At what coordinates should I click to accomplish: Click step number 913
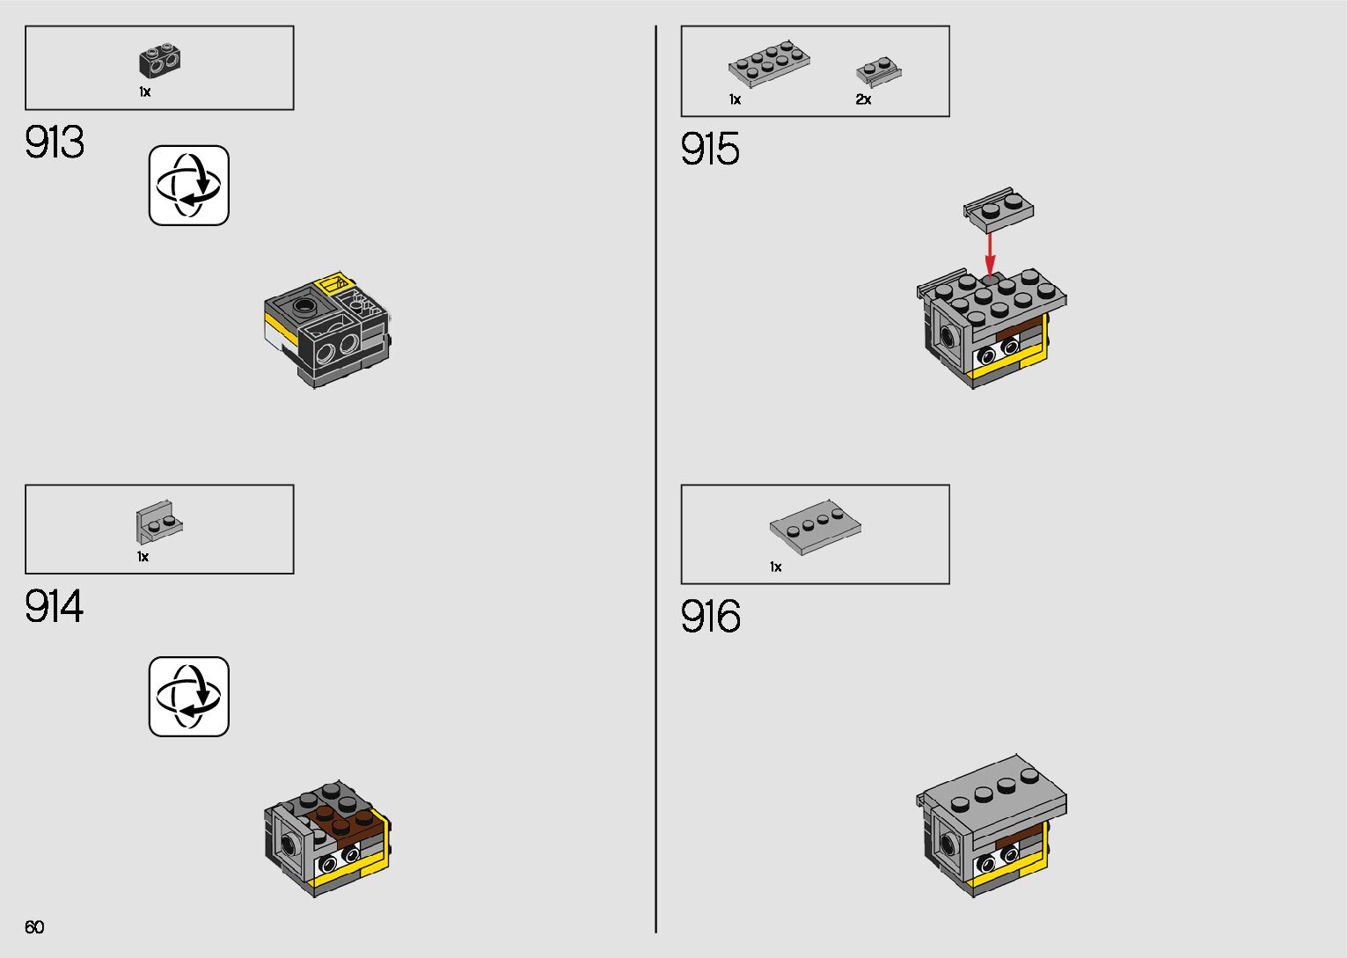pyautogui.click(x=55, y=143)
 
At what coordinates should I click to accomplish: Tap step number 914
pyautogui.click(x=55, y=607)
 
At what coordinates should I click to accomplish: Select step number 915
pyautogui.click(x=710, y=149)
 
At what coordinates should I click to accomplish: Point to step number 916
pyautogui.click(x=710, y=617)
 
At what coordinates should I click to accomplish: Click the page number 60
pyautogui.click(x=34, y=927)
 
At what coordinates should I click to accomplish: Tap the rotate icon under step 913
pyautogui.click(x=189, y=186)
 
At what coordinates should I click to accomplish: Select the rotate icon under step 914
pyautogui.click(x=189, y=697)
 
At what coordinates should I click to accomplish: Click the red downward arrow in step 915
pyautogui.click(x=990, y=253)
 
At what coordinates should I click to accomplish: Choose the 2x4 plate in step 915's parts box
pyautogui.click(x=768, y=62)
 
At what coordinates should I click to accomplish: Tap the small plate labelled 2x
pyautogui.click(x=878, y=71)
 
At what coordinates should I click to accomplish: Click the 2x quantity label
pyautogui.click(x=863, y=100)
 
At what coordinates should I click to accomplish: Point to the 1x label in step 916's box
pyautogui.click(x=775, y=567)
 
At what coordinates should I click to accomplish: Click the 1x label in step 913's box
pyautogui.click(x=144, y=92)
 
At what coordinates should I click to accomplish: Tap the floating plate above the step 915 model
pyautogui.click(x=999, y=208)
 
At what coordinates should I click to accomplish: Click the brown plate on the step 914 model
pyautogui.click(x=348, y=822)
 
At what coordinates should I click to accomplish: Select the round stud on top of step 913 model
pyautogui.click(x=305, y=307)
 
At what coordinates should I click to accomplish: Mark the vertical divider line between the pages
pyautogui.click(x=655, y=479)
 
